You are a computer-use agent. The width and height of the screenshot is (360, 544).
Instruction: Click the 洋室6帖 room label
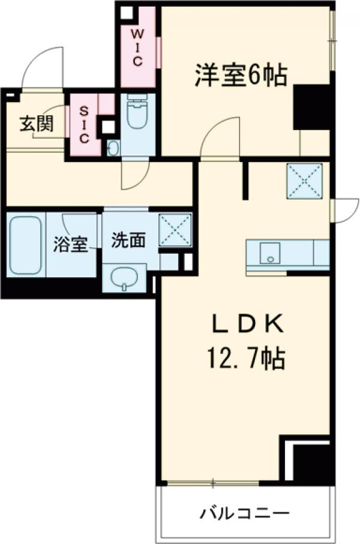pos(240,75)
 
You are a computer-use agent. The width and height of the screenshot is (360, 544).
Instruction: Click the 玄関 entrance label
pos(35,124)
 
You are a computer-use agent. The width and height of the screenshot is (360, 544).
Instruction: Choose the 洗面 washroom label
pos(128,240)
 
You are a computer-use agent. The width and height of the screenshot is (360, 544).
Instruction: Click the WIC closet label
pos(137,45)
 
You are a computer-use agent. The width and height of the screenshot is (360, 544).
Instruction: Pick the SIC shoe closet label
pos(84,124)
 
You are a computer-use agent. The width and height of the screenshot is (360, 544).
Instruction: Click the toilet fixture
pos(137,117)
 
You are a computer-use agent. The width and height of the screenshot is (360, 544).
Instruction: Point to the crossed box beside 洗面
pos(175,229)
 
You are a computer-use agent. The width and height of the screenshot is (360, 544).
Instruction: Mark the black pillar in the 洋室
pos(312,107)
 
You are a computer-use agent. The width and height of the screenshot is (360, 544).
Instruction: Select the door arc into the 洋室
pos(220,138)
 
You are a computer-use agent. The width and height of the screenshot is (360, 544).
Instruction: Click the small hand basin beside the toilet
pos(113,148)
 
